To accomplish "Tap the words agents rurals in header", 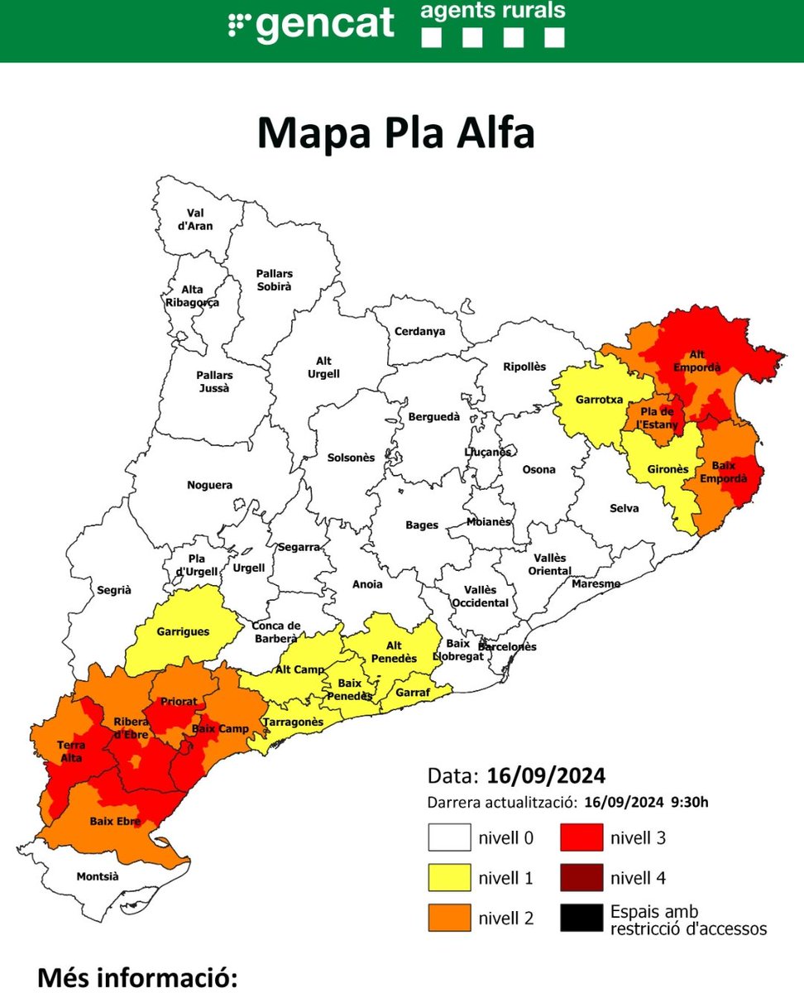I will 493,11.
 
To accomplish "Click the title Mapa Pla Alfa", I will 396,133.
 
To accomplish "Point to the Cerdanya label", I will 419,332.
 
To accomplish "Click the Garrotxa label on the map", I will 598,400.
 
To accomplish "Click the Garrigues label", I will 183,632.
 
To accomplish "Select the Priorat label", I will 179,701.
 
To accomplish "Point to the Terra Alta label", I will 71,751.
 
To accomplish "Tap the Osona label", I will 538,470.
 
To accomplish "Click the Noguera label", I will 209,485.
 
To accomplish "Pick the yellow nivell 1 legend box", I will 449,877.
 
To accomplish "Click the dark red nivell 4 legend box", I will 581,877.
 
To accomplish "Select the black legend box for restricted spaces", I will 581,918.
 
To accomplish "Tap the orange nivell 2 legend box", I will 449,918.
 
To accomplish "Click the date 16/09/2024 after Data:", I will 546,776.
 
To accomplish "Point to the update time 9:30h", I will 691,802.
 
